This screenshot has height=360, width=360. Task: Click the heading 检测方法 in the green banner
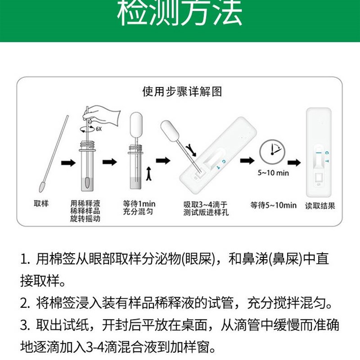(x=180, y=15)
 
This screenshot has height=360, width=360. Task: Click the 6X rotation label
(x=99, y=129)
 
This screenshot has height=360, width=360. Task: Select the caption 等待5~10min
(x=274, y=205)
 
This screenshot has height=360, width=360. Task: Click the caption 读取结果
(x=320, y=206)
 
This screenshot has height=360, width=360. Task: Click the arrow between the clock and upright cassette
(x=294, y=162)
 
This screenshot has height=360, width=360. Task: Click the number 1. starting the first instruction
(x=25, y=260)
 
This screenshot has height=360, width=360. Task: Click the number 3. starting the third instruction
(x=25, y=325)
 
